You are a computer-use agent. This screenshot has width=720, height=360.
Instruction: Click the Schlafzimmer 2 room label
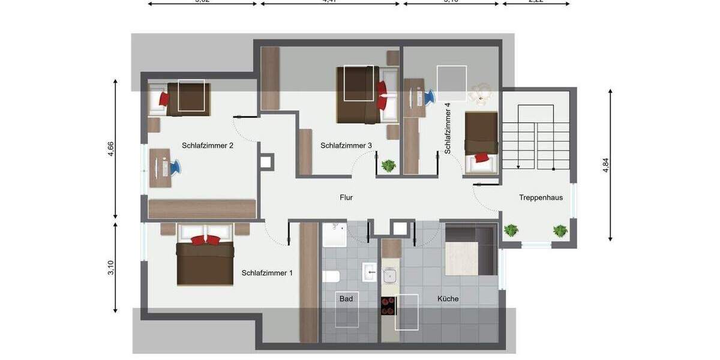[208, 145]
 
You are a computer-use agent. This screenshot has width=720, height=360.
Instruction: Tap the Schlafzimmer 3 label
[346, 145]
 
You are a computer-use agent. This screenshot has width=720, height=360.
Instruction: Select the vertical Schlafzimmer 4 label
[448, 128]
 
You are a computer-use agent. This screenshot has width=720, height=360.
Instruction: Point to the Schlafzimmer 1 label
[267, 273]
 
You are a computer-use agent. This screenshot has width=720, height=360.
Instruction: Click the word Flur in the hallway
[346, 197]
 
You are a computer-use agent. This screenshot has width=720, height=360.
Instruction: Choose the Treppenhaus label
[541, 197]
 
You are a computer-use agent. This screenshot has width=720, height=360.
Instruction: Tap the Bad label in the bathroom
[346, 298]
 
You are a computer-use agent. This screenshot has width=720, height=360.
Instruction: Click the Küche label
[448, 298]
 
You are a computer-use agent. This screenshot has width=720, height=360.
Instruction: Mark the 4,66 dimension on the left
[111, 149]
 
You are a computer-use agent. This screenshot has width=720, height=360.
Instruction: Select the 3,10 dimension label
[111, 268]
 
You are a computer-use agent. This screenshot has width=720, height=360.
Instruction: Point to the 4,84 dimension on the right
[605, 165]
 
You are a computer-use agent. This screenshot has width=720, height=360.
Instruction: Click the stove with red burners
[388, 306]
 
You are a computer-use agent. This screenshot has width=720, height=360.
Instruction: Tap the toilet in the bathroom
[331, 276]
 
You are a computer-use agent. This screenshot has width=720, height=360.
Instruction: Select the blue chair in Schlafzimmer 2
[173, 166]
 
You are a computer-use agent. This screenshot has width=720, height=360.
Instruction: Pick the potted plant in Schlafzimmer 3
[389, 165]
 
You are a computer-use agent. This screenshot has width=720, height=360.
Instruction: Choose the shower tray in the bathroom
[335, 235]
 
